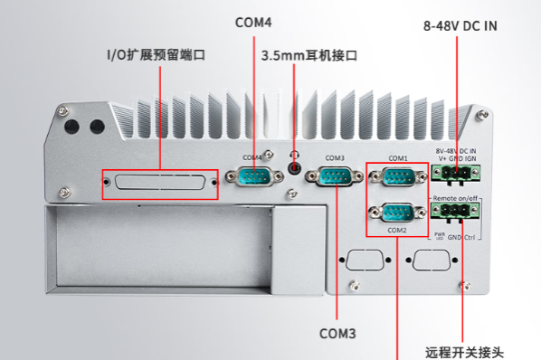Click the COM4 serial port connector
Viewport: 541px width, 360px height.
(x=253, y=175)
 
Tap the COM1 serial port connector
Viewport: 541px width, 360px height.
(x=395, y=175)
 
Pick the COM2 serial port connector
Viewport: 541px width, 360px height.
(x=395, y=214)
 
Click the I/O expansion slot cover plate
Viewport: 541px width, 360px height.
(x=159, y=185)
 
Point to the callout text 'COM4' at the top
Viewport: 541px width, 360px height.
(x=252, y=22)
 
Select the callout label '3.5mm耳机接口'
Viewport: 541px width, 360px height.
(x=309, y=55)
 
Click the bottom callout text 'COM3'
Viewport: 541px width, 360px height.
(x=337, y=333)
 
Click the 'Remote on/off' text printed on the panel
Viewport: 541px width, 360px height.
(x=455, y=197)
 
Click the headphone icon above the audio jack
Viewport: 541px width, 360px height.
(x=293, y=156)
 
